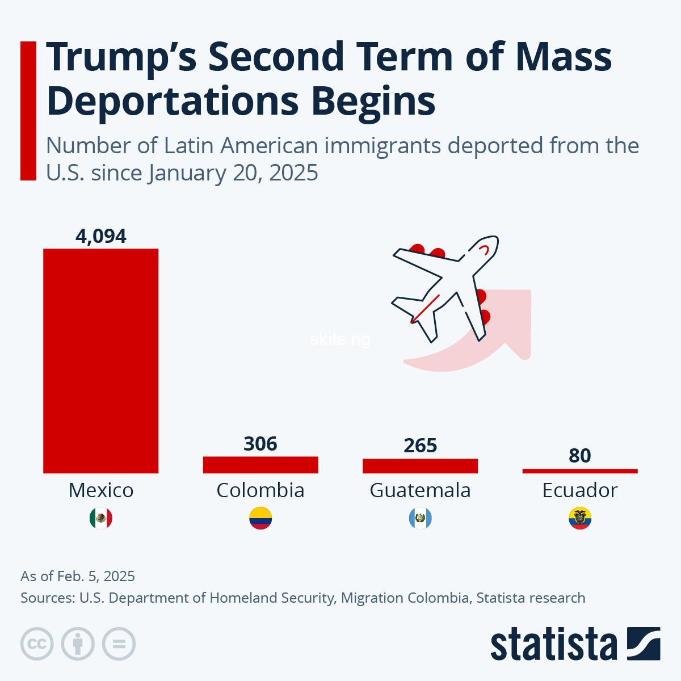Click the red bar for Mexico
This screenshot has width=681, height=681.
pos(100,360)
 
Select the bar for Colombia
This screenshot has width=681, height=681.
pos(260,465)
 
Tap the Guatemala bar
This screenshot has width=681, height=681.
pos(420,466)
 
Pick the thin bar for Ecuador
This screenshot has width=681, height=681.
pos(579,470)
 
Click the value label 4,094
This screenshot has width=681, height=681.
pos(100,236)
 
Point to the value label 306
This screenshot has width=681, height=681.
pos(260,444)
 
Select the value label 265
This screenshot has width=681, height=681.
pos(420,445)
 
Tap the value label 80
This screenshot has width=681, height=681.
pos(579,455)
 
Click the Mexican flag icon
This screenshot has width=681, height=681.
pos(100,518)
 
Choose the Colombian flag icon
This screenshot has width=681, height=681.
pos(260,518)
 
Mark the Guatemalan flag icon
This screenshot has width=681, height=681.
pos(420,518)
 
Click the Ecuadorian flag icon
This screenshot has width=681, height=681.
pos(579,518)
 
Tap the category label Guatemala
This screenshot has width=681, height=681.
pos(420,490)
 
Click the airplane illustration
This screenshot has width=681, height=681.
pos(445,289)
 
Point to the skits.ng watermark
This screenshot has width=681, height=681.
pos(340,340)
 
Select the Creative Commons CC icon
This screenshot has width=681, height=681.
pos(37,644)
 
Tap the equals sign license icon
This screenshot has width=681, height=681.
pos(119,644)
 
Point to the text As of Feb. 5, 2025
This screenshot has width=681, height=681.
pos(78,576)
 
